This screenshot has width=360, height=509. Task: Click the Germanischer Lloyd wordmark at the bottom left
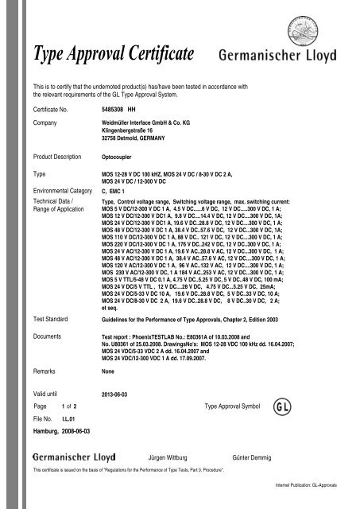pyautogui.click(x=70, y=459)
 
